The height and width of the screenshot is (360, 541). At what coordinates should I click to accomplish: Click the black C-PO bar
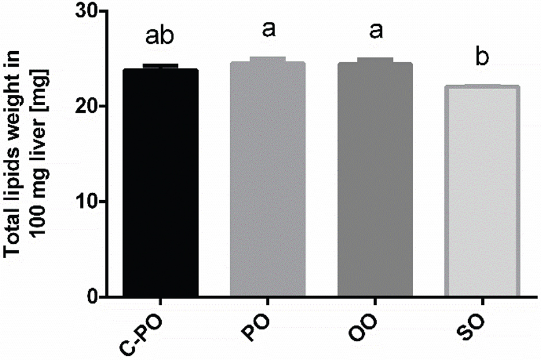point(161,184)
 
